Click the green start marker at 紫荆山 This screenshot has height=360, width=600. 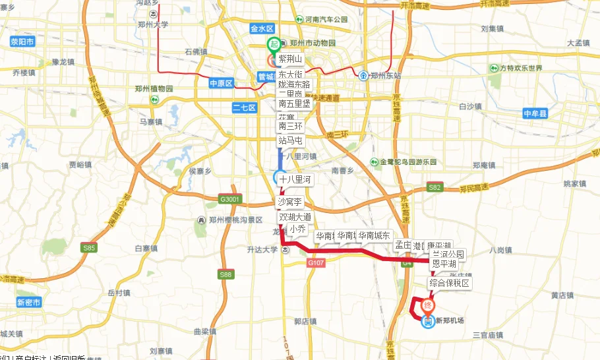tap(274, 45)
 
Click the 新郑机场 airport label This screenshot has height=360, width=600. tap(449, 321)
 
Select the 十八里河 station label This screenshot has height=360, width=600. tap(294, 179)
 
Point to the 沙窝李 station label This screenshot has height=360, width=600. tap(289, 201)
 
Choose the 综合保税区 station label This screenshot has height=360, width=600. tap(449, 283)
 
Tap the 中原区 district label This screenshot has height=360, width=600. tap(222, 84)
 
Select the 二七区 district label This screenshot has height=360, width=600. tap(245, 107)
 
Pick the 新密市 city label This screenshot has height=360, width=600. tap(29, 303)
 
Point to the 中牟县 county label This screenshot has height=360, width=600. tap(535, 114)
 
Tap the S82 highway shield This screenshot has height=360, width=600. tap(435, 187)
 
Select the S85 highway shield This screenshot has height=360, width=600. tap(89, 248)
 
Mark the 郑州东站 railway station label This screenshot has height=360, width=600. tap(380, 75)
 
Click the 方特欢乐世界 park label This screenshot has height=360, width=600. tap(516, 69)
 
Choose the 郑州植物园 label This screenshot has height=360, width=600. tap(154, 89)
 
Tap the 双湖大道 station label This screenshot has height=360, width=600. tap(294, 217)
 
